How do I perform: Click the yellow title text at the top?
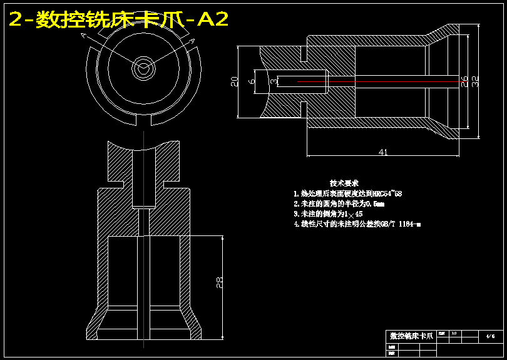pyautogui.click(x=118, y=20)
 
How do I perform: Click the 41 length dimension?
pyautogui.click(x=383, y=151)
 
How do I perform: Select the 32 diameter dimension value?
pyautogui.click(x=475, y=80)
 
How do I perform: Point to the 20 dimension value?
pyautogui.click(x=234, y=81)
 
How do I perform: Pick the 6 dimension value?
pyautogui.click(x=252, y=81)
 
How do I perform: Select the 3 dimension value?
pyautogui.click(x=274, y=81)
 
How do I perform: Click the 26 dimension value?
pyautogui.click(x=464, y=80)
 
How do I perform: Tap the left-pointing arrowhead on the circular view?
pyautogui.click(x=83, y=37)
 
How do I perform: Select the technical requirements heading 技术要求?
pyautogui.click(x=344, y=183)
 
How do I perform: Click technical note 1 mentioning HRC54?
pyautogui.click(x=347, y=194)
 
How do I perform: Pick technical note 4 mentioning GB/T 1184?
pyautogui.click(x=357, y=224)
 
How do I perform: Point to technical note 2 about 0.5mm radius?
pyautogui.click(x=339, y=204)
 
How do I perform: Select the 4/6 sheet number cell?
pyautogui.click(x=490, y=336)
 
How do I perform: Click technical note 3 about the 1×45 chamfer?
pyautogui.click(x=328, y=214)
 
